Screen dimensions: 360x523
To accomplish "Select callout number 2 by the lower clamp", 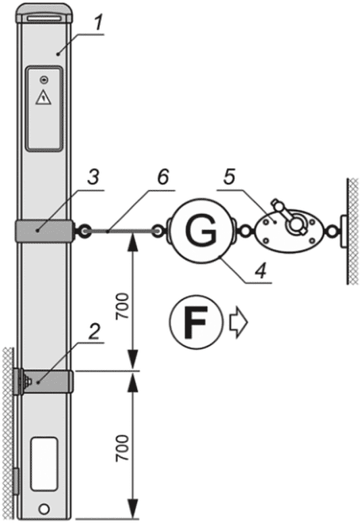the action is tap(95, 332).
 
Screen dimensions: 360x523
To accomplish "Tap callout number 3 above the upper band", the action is tap(93, 177).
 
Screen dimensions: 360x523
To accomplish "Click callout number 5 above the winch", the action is tap(230, 177).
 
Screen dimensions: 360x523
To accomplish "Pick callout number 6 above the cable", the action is tap(163, 177).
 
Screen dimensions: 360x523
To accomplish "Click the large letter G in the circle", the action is tap(201, 231).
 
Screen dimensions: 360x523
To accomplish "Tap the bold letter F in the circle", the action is tap(196, 323).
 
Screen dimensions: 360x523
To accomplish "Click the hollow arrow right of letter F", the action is tap(238, 323).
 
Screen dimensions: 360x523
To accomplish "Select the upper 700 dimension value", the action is tap(122, 306).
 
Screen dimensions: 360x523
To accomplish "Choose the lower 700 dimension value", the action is tap(122, 448).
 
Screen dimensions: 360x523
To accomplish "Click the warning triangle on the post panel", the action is tap(44, 98).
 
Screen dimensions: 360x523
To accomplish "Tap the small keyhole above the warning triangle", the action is tap(44, 80).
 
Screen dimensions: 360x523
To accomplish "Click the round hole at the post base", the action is tap(44, 509).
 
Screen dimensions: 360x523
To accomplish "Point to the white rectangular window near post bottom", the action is tap(44, 464).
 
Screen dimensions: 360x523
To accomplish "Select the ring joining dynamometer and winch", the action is tap(245, 231).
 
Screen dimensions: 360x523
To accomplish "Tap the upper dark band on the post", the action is tap(44, 231).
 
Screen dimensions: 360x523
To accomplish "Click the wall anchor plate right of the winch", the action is tap(344, 231).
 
